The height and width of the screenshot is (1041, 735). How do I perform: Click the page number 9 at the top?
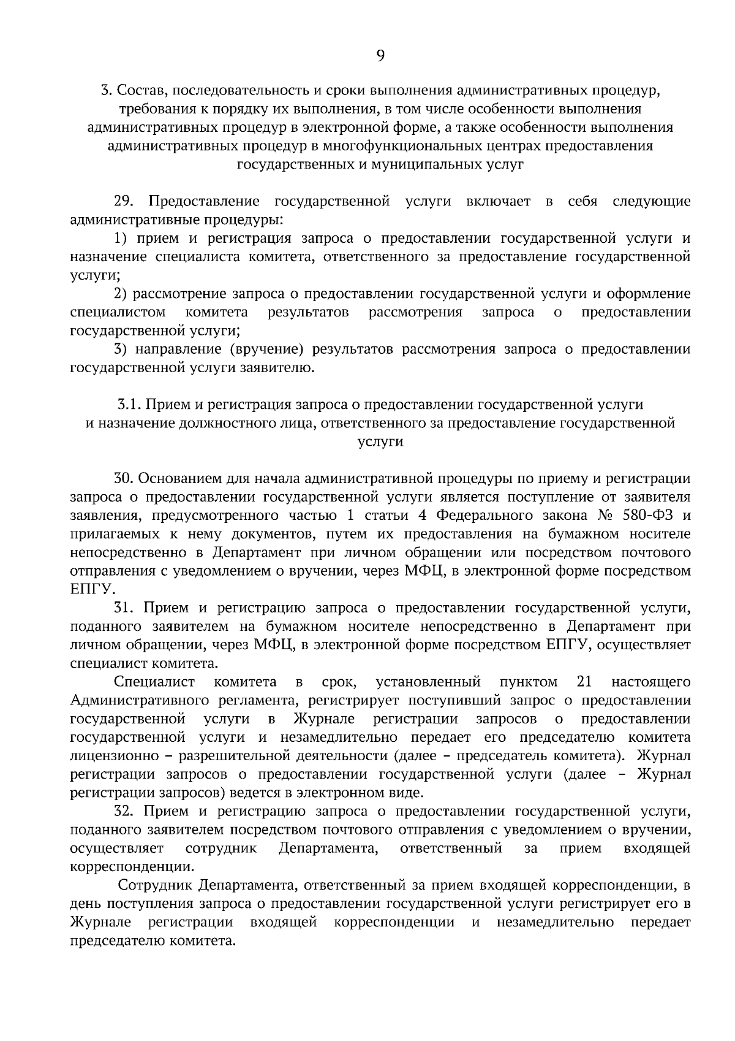point(380,56)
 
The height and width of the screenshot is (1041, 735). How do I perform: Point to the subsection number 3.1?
point(129,405)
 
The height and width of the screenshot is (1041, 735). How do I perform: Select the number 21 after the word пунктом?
point(584,682)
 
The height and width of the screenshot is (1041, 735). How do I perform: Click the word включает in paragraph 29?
point(498,202)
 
